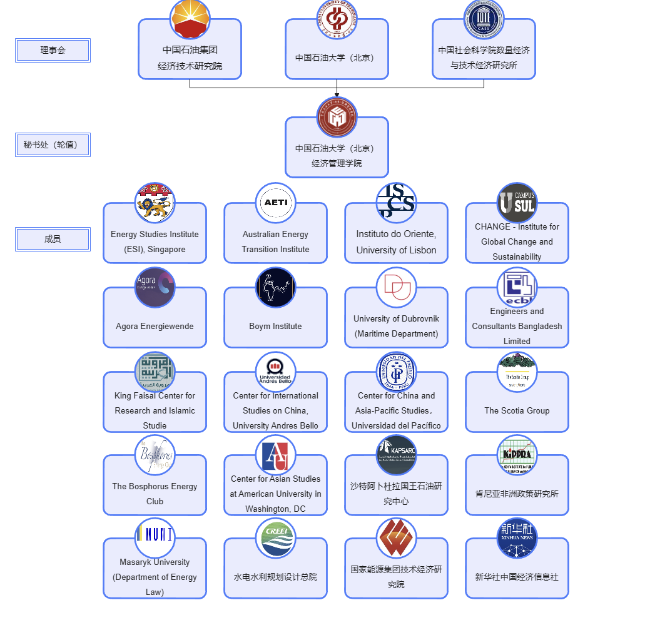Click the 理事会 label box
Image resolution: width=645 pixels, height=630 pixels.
(53, 51)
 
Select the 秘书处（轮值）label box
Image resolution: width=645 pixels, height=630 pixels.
(53, 145)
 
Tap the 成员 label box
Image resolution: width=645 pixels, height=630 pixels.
(53, 239)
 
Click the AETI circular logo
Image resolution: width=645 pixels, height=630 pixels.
(275, 203)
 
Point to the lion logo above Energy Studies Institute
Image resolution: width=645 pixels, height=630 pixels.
(155, 203)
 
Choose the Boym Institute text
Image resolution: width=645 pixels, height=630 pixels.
(275, 326)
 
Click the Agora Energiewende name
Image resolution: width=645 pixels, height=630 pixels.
(155, 326)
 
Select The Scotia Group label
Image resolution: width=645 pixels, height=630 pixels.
(517, 410)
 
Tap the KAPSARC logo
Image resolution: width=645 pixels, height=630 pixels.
(396, 455)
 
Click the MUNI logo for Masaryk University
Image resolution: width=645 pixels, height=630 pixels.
(155, 536)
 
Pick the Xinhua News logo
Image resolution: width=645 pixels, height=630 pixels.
(517, 538)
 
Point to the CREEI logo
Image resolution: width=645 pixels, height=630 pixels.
(275, 538)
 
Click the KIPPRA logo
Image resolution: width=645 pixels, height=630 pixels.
(517, 455)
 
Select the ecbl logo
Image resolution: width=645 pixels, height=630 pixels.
(517, 287)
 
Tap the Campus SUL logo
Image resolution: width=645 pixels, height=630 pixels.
(517, 203)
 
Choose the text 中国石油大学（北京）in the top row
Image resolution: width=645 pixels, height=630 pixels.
(337, 58)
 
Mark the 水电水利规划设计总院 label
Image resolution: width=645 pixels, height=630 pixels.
(275, 577)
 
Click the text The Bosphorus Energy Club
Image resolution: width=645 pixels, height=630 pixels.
(155, 494)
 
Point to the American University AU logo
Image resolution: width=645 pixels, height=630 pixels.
(275, 455)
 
